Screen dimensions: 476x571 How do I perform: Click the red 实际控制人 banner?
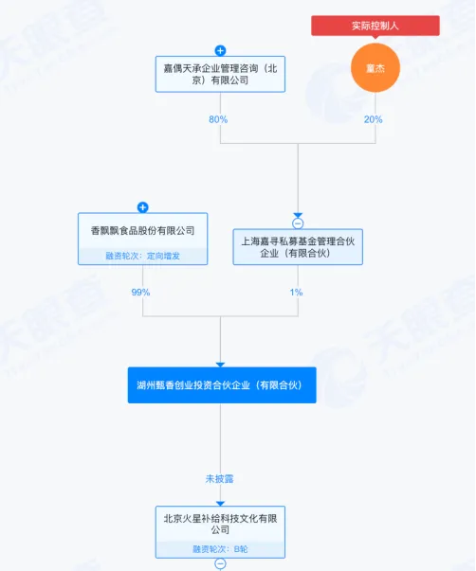click(375, 26)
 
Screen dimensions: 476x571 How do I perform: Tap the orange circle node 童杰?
click(375, 68)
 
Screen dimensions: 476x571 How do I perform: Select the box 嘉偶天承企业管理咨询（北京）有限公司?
click(220, 74)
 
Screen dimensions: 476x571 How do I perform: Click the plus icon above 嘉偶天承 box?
click(220, 50)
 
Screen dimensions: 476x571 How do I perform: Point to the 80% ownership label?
click(218, 119)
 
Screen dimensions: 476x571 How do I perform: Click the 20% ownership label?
click(374, 119)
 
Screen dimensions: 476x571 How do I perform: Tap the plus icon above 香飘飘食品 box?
click(142, 207)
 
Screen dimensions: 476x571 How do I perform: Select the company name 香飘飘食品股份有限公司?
click(142, 230)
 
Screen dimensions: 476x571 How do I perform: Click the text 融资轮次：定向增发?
click(142, 256)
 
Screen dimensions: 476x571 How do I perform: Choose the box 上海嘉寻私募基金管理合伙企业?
click(298, 247)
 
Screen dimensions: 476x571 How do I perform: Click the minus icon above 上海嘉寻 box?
click(298, 223)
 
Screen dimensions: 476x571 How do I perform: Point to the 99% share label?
click(140, 292)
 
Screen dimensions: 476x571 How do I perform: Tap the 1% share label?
click(296, 292)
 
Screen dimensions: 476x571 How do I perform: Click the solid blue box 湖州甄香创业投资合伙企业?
click(222, 385)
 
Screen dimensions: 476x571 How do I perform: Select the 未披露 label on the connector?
click(219, 479)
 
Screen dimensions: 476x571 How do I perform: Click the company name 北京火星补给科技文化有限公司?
click(220, 524)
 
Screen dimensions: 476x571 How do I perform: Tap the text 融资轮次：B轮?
click(220, 549)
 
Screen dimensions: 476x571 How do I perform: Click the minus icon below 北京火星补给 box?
click(220, 563)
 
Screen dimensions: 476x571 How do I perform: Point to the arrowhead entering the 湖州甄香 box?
click(220, 365)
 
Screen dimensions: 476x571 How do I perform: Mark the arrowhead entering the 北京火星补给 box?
click(220, 504)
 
